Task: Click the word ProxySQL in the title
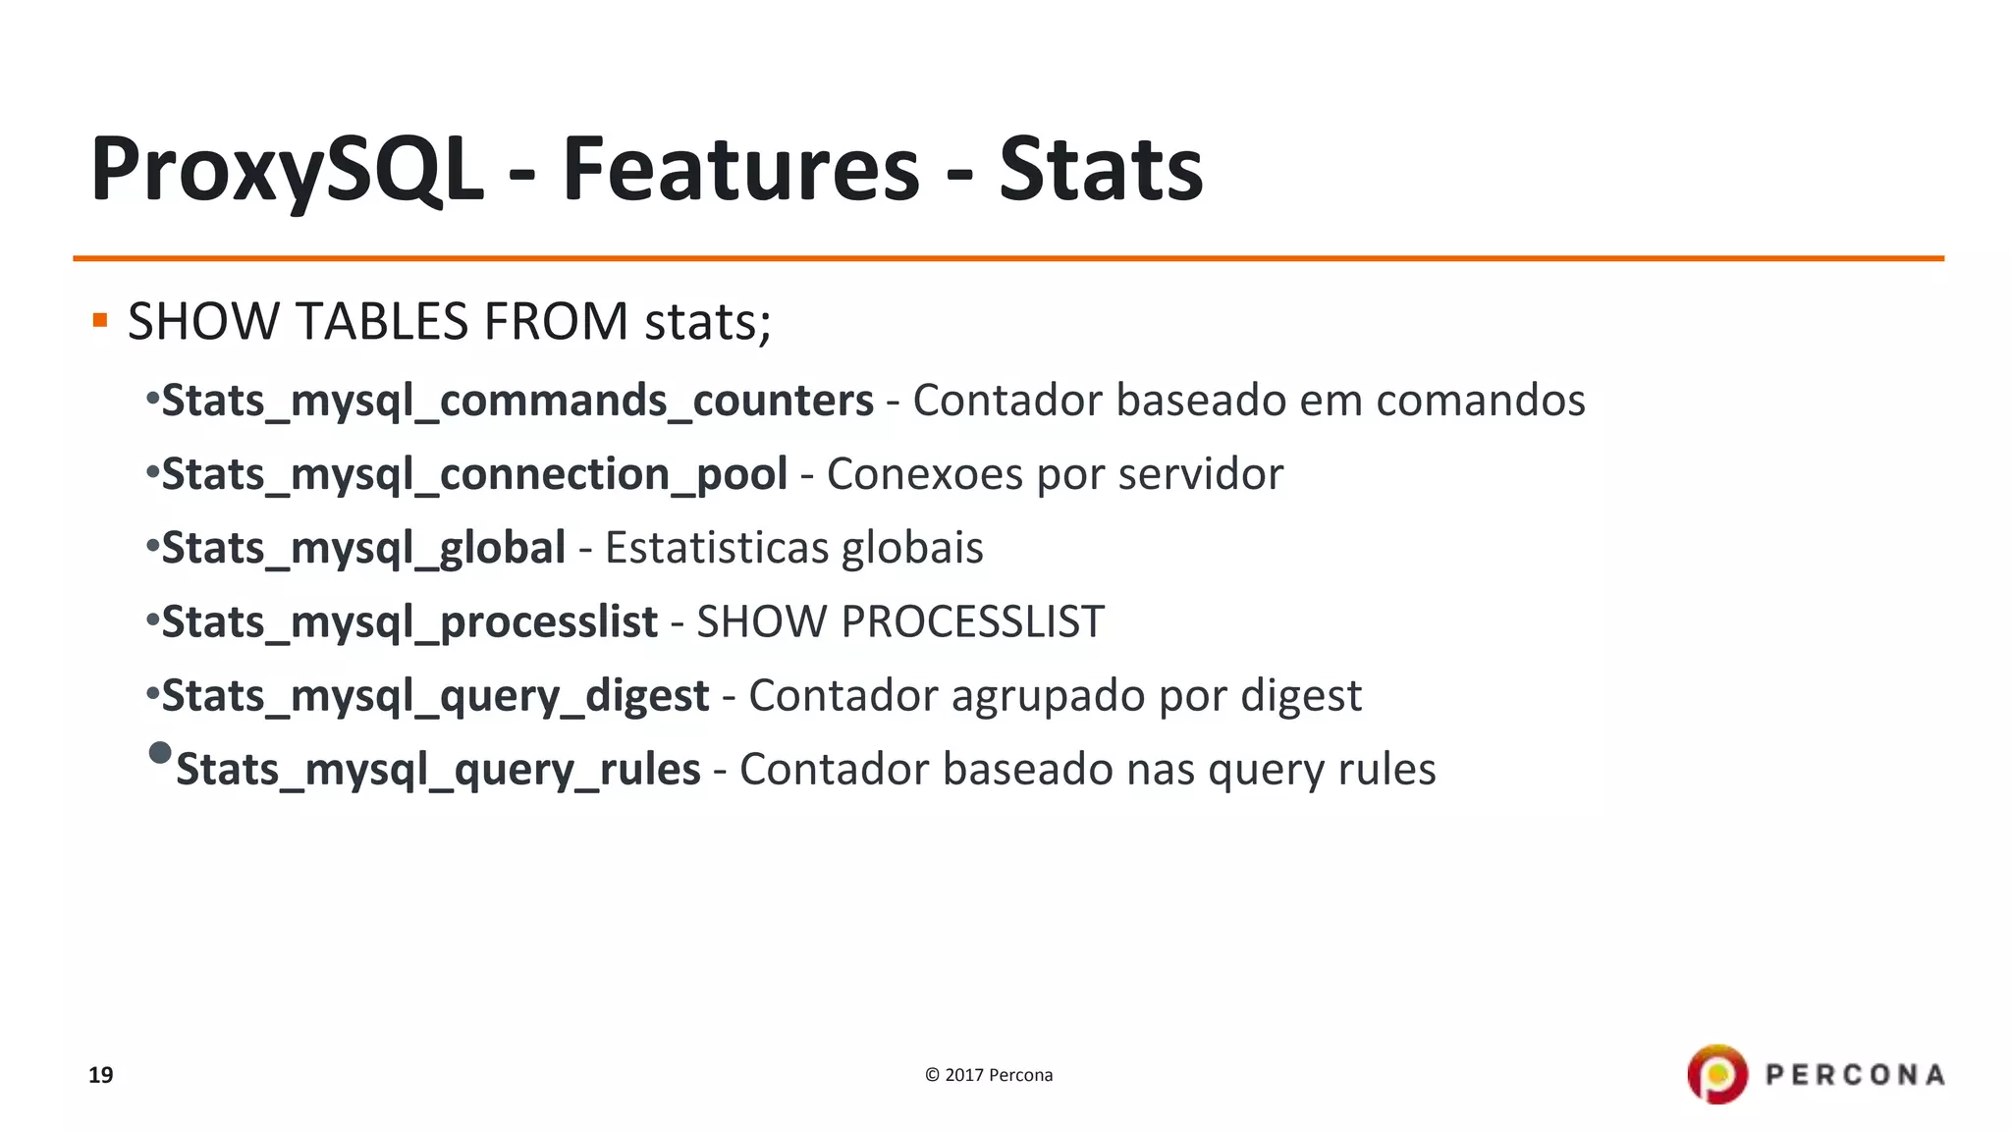(287, 169)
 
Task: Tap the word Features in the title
(740, 169)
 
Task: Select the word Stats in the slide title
(1101, 169)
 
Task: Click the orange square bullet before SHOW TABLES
(99, 320)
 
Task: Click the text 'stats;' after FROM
(707, 322)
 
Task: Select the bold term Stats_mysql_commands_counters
(517, 401)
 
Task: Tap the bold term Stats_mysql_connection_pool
(474, 474)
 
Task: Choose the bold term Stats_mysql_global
(363, 548)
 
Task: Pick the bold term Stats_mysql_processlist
(409, 621)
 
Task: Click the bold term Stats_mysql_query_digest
(435, 696)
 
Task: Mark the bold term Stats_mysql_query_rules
(438, 770)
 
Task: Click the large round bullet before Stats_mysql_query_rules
(160, 753)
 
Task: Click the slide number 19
(101, 1075)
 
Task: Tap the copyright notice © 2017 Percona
(989, 1075)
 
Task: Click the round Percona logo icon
(1717, 1074)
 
